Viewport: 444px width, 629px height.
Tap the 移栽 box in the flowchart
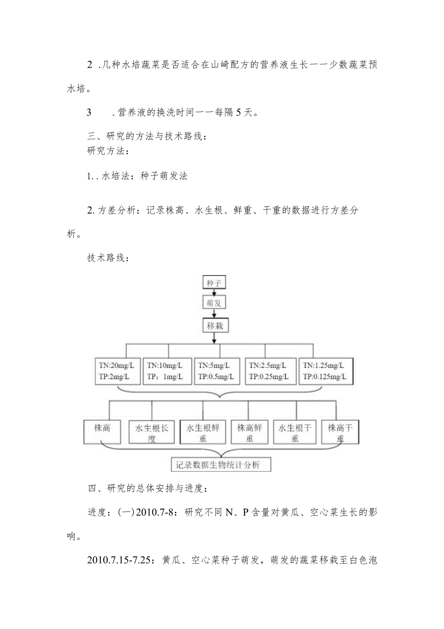click(215, 325)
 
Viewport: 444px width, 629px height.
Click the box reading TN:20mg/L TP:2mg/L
click(116, 371)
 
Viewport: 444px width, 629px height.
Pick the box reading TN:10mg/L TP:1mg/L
click(167, 371)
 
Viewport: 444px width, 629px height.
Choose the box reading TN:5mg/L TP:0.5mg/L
click(218, 371)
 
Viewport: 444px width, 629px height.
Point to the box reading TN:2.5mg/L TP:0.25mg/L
click(269, 371)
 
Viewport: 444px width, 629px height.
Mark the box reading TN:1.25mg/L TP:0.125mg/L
click(326, 371)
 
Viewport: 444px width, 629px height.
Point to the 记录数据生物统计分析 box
click(221, 465)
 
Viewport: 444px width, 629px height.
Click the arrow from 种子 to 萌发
click(214, 293)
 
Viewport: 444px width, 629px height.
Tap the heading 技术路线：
click(108, 258)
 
